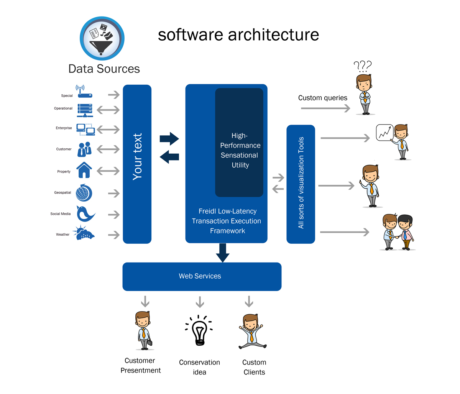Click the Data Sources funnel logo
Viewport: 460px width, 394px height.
coord(102,39)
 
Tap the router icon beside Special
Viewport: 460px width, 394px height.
coord(85,92)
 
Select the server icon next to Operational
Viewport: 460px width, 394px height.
coord(85,110)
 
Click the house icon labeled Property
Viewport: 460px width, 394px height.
coord(84,170)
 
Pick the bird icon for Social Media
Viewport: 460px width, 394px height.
coord(85,214)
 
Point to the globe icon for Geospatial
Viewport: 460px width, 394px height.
coord(84,193)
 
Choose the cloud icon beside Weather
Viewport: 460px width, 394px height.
coord(85,233)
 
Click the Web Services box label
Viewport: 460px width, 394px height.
coord(200,276)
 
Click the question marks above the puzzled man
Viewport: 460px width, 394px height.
coord(362,66)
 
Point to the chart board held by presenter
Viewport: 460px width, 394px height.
coord(384,132)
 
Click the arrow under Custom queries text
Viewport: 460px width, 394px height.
coord(325,108)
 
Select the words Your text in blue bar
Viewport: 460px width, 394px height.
coord(137,157)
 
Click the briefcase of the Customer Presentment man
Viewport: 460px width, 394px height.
coord(149,342)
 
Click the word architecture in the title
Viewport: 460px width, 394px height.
coord(273,34)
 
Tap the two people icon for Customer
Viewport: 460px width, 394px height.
coord(84,149)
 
